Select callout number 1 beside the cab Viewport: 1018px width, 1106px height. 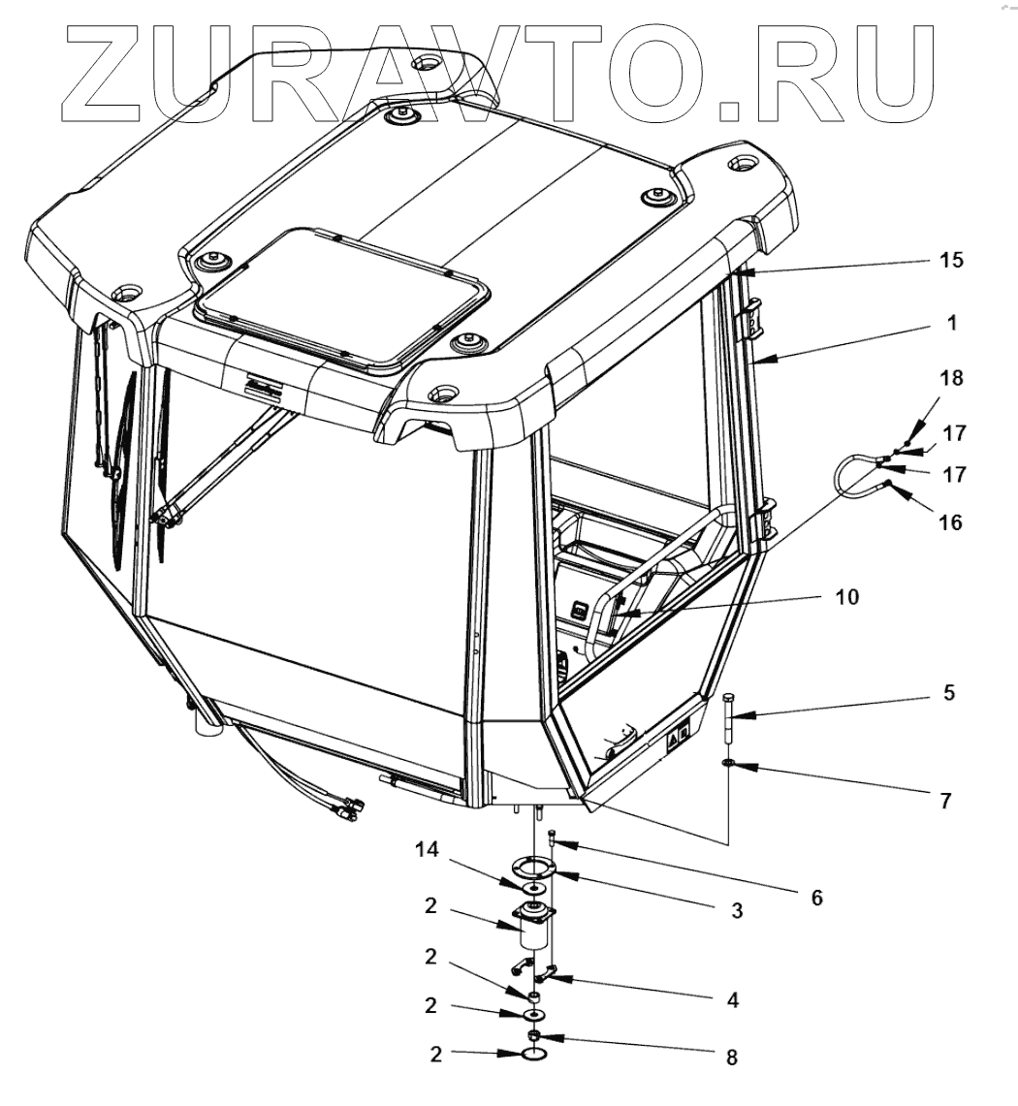click(x=952, y=324)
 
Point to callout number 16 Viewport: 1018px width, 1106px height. click(x=951, y=521)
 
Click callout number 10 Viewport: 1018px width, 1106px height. click(x=846, y=597)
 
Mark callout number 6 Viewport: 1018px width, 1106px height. click(x=816, y=897)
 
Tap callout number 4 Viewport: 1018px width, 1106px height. click(x=732, y=999)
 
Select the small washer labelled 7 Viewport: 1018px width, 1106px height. click(x=728, y=764)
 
